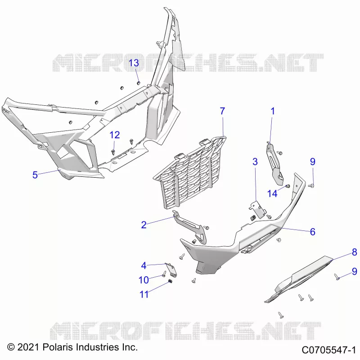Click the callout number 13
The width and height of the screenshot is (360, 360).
click(x=134, y=63)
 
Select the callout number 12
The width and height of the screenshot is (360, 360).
click(x=115, y=135)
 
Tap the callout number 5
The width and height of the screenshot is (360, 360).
click(x=35, y=175)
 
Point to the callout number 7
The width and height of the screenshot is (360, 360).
click(x=222, y=111)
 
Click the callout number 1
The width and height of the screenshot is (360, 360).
click(x=273, y=111)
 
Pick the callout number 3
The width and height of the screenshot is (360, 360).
click(x=255, y=162)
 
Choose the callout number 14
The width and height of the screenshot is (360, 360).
click(x=272, y=194)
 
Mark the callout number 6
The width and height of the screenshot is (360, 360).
click(x=312, y=232)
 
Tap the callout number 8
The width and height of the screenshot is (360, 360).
click(x=354, y=252)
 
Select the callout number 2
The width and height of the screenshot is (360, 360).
click(x=144, y=225)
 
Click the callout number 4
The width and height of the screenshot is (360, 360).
click(x=144, y=265)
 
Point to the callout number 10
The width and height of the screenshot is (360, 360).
click(x=144, y=280)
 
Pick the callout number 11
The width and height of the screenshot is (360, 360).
click(x=144, y=294)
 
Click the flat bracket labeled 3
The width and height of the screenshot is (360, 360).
click(x=257, y=209)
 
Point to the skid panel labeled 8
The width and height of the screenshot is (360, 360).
click(x=298, y=279)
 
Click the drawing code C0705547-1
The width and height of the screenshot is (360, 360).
click(x=329, y=350)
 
